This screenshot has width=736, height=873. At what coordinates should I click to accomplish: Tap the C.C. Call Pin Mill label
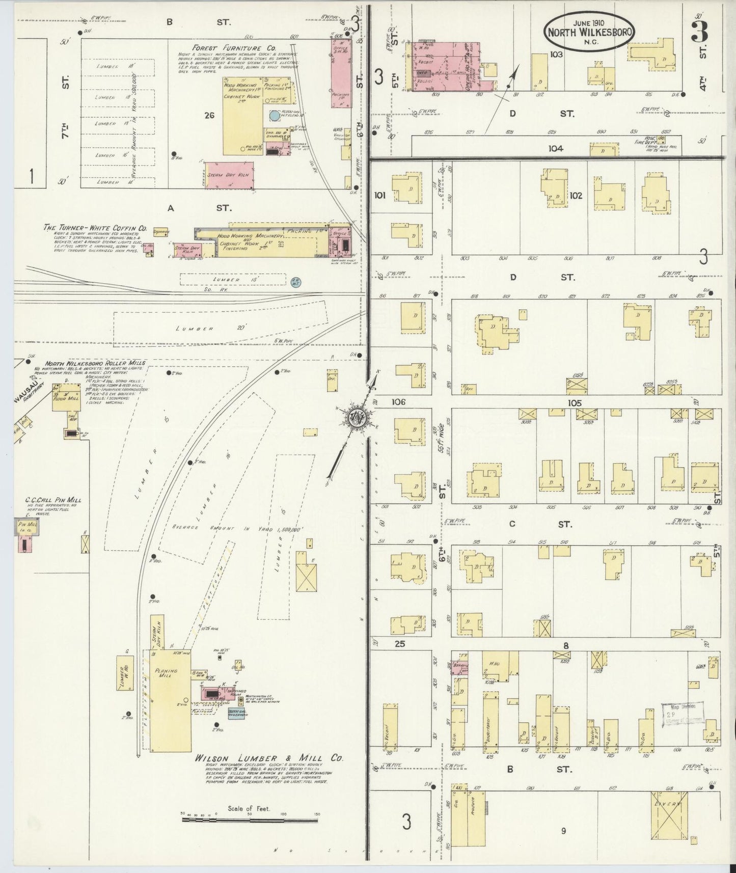(x=53, y=500)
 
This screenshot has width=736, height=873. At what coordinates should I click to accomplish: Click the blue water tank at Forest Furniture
(x=274, y=116)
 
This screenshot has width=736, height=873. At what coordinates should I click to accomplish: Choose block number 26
(x=209, y=115)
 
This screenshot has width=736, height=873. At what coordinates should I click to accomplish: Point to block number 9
(x=563, y=831)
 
